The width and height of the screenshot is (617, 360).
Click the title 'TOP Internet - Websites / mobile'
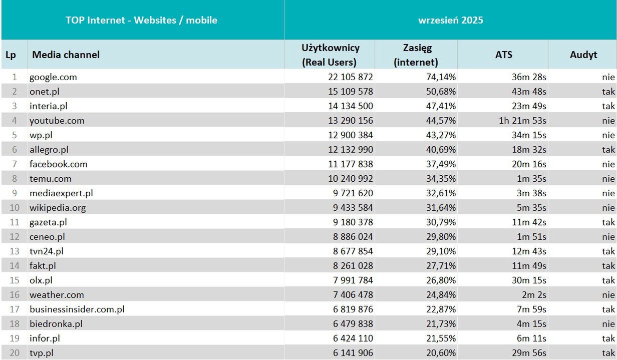point(141,20)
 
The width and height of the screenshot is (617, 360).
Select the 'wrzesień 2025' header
point(450,20)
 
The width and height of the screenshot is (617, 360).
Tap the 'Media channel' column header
point(66,55)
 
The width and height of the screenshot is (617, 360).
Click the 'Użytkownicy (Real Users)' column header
point(330,55)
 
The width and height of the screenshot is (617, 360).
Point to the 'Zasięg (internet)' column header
point(416,55)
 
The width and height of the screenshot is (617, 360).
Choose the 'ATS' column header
point(503,55)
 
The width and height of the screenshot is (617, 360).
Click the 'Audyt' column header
point(583,55)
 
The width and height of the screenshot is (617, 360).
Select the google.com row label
point(53,77)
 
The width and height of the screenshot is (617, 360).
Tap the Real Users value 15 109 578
point(347,92)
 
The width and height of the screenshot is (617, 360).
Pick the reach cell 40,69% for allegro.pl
point(439,150)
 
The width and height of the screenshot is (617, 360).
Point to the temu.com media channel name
point(50,179)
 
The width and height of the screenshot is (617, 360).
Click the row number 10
point(15,208)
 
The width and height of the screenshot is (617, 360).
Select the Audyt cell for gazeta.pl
point(608,222)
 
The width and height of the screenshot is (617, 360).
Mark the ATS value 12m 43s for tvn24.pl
point(528,251)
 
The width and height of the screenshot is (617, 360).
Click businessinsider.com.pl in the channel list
point(77,309)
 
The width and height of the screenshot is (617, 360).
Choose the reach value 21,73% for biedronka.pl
point(439,324)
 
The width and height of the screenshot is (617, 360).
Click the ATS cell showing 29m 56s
point(528,353)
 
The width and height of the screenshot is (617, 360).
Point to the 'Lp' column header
point(11,55)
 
